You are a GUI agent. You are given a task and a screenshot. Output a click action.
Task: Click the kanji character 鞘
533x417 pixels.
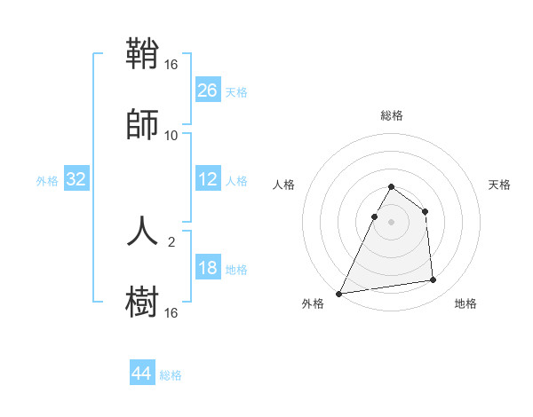click(x=142, y=55)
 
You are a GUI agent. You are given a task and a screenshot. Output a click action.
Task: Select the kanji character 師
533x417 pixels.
click(x=142, y=124)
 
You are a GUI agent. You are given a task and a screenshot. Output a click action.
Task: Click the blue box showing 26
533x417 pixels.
click(x=208, y=90)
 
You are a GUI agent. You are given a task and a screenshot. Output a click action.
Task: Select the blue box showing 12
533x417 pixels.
click(x=208, y=179)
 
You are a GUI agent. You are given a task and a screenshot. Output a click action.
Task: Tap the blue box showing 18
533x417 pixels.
click(x=208, y=268)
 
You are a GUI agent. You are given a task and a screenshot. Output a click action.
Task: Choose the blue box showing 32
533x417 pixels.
click(x=76, y=179)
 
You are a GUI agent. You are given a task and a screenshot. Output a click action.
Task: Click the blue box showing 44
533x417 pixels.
click(x=142, y=374)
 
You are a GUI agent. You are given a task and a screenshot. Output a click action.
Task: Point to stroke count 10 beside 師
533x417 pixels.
click(x=171, y=136)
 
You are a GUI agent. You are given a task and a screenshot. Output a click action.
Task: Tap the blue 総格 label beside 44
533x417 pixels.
click(x=171, y=375)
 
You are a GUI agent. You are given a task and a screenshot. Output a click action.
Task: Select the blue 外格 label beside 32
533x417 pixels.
click(x=47, y=180)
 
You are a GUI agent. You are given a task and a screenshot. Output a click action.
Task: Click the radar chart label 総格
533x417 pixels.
click(x=392, y=115)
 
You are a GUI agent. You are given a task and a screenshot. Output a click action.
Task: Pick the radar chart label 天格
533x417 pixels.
click(x=499, y=185)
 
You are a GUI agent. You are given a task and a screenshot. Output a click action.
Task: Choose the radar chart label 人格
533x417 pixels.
click(x=284, y=185)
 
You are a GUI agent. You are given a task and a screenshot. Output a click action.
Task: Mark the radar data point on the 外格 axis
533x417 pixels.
click(x=339, y=294)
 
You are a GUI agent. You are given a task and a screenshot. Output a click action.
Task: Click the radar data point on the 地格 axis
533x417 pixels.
click(x=434, y=280)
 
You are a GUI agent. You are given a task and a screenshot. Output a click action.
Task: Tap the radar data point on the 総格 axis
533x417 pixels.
click(x=392, y=187)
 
